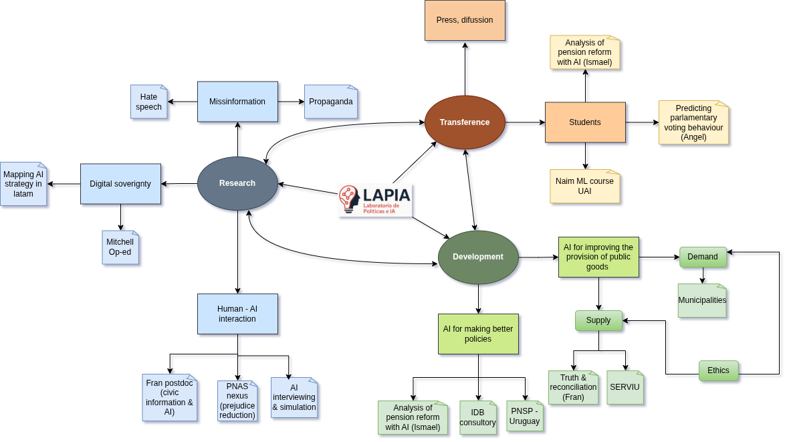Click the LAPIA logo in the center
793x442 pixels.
pos(374,200)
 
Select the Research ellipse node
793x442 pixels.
pos(237,183)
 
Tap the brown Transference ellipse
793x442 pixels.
pos(465,122)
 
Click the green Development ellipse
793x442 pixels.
pos(478,257)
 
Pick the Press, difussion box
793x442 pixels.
pos(465,21)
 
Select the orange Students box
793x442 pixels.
pos(585,122)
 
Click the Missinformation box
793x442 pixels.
pos(237,102)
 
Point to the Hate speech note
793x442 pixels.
pos(149,102)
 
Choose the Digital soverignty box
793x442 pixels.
pos(120,184)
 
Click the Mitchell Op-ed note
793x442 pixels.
pos(120,247)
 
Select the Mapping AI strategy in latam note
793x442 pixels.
pos(23,184)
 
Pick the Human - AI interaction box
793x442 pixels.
pos(237,314)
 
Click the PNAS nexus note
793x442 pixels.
pos(237,401)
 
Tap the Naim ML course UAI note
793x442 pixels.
pos(585,187)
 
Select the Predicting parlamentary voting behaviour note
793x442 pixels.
pos(693,122)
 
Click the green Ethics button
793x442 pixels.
pos(719,371)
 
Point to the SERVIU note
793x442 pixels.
pos(625,388)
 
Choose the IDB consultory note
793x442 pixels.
pos(478,417)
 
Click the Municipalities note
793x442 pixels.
pos(702,300)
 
